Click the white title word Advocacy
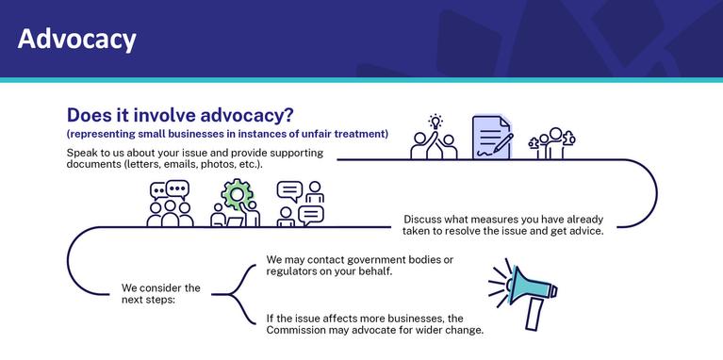coord(77,40)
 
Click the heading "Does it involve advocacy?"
coord(180,115)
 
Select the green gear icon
coord(237,194)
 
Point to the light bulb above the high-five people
coord(435,122)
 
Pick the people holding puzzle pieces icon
coord(552,143)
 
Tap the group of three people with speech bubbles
coord(170,204)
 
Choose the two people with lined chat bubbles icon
coord(300,204)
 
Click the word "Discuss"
coord(420,220)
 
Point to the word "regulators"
coord(289,271)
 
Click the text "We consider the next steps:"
coord(160,294)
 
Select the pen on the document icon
coord(503,143)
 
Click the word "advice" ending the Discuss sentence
coord(589,232)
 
